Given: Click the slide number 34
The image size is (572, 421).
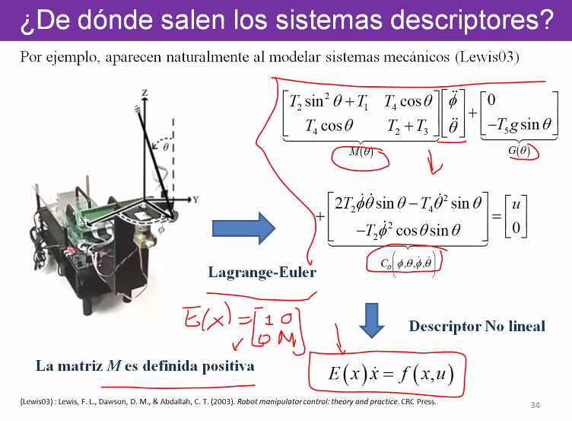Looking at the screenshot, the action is (x=535, y=405).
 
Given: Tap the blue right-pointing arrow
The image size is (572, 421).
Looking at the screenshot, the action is (x=243, y=228).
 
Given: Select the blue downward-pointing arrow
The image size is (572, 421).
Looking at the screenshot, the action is (x=371, y=321).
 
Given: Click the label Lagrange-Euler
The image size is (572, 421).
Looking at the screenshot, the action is (x=262, y=273).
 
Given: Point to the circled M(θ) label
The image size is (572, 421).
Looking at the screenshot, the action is (x=361, y=152).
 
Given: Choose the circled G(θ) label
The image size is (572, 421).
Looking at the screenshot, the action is (x=519, y=151).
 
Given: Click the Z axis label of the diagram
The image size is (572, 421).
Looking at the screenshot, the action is (x=145, y=93).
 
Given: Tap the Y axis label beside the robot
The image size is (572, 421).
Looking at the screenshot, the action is (x=196, y=199).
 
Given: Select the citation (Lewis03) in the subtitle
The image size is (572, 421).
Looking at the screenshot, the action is (x=487, y=57).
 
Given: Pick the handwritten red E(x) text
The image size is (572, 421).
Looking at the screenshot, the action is (x=207, y=317).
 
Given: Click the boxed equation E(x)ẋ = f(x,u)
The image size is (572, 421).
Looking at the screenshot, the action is (x=391, y=374).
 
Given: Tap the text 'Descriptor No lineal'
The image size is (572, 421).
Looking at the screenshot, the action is (x=477, y=326).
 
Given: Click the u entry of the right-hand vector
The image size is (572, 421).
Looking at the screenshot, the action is (x=516, y=204).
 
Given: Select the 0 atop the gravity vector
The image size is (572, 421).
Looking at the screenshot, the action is (x=491, y=100).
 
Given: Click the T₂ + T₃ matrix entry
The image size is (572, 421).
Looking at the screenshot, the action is (x=408, y=126).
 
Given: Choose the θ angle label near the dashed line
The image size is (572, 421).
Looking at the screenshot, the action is (x=166, y=147).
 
